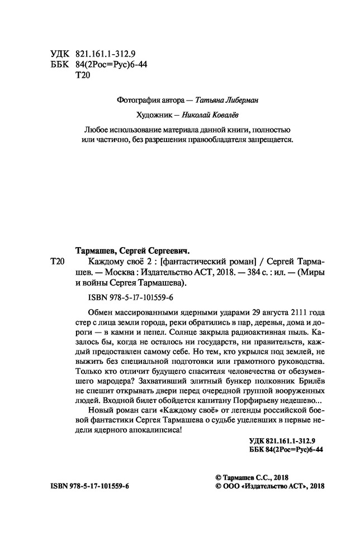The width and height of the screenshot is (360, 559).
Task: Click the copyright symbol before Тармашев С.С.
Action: (218, 476)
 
